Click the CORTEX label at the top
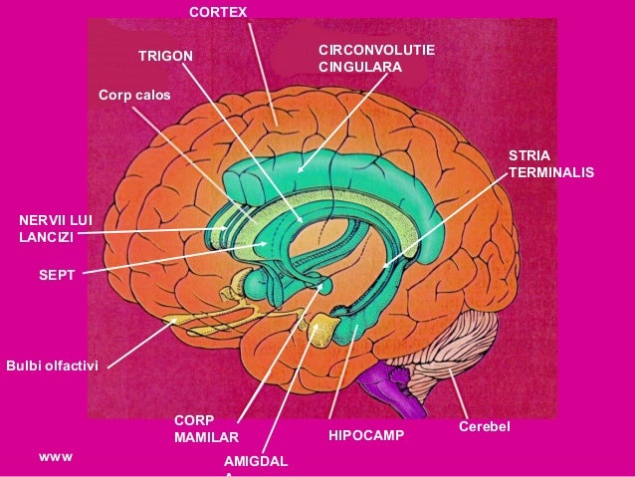coord(219,12)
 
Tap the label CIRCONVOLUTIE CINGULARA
coord(375,58)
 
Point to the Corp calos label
coord(134,96)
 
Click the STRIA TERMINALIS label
coord(550,164)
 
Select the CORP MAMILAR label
coord(206,428)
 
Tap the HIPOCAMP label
coord(366,435)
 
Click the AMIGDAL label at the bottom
coord(256,463)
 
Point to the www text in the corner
coord(55,457)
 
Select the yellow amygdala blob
coord(323,329)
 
